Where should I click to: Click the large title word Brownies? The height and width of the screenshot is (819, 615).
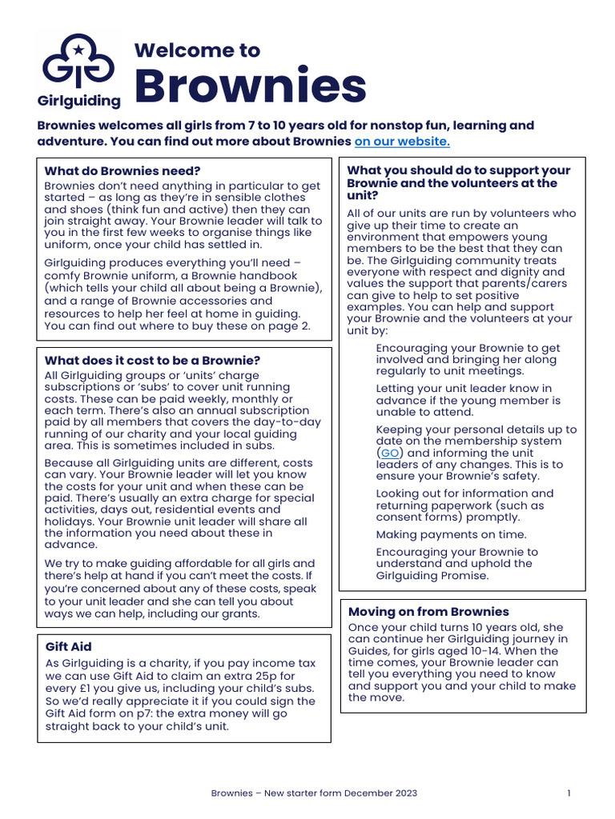coord(250,86)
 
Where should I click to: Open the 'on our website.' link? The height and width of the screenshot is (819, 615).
coord(402,142)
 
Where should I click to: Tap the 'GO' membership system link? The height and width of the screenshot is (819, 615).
coord(390,453)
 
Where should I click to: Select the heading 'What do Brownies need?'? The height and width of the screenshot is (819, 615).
coord(123,170)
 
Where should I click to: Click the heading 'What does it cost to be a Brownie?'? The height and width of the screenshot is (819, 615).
coord(152,361)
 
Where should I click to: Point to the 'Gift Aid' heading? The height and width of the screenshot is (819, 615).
coord(68,646)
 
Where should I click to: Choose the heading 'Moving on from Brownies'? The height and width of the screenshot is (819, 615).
coord(428,612)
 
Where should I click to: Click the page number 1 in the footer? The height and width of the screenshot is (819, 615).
coord(569,793)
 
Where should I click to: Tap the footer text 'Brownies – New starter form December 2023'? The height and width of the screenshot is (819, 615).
coord(314,793)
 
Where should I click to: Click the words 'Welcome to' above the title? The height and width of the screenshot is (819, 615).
coord(197,50)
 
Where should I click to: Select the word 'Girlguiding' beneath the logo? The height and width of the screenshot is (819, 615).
coord(79,101)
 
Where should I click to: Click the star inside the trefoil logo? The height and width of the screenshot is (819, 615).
coord(78,50)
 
